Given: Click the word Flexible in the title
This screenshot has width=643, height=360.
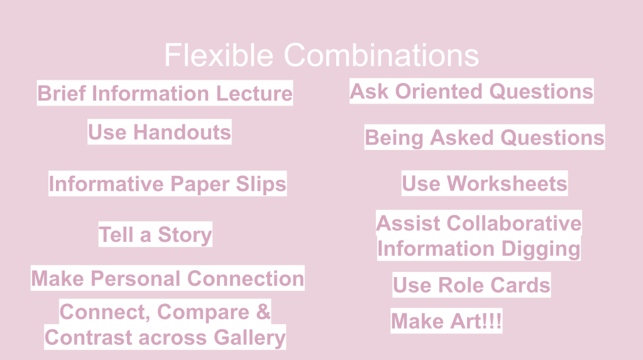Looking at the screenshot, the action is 219,55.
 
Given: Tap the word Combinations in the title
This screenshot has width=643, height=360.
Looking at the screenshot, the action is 382,55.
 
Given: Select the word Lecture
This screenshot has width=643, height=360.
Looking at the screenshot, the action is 255,93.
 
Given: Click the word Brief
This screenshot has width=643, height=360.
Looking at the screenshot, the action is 62,93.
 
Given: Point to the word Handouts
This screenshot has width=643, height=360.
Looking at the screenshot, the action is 182,132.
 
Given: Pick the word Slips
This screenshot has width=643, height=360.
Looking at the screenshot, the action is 261,183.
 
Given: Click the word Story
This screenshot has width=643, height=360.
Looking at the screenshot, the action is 185,235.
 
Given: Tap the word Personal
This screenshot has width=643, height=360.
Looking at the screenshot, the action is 136,278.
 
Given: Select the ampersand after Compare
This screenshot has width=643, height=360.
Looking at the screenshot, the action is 263,312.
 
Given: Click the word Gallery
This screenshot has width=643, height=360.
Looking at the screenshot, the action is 250,338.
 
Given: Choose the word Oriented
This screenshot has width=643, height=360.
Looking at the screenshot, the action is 439,91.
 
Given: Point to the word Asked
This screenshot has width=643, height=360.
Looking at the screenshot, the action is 462,138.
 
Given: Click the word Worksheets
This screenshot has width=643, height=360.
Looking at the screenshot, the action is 507,183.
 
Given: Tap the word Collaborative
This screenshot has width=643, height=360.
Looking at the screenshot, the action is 514,224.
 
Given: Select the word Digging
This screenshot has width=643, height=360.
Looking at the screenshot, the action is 541,249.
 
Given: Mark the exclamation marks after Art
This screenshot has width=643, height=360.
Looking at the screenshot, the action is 493,320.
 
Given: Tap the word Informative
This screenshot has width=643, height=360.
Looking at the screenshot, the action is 106,183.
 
